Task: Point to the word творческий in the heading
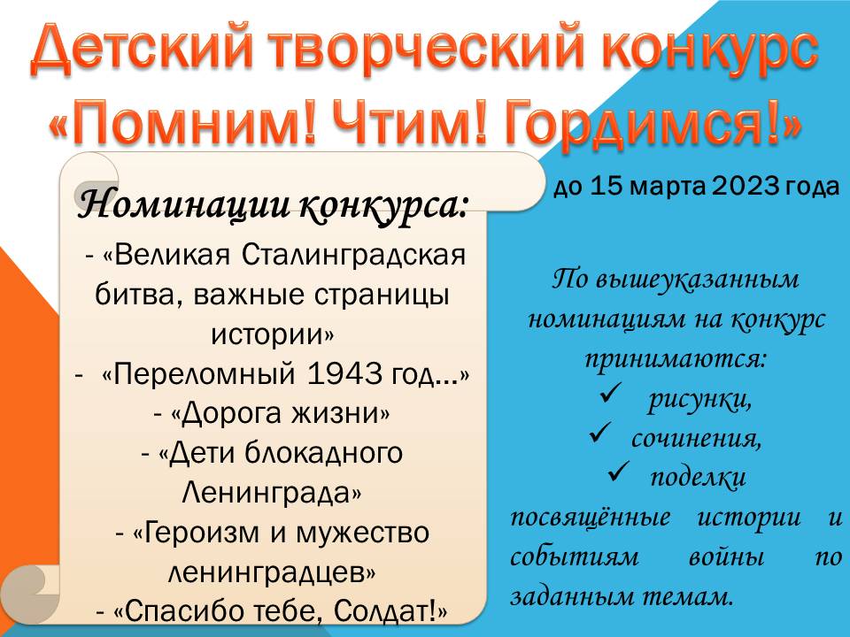tap(429, 50)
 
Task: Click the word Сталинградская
tap(353, 255)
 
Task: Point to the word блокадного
tap(324, 453)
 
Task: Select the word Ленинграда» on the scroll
tap(271, 493)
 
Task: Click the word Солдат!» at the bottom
tap(390, 611)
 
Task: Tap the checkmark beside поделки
tap(619, 472)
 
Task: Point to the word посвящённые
tap(591, 518)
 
